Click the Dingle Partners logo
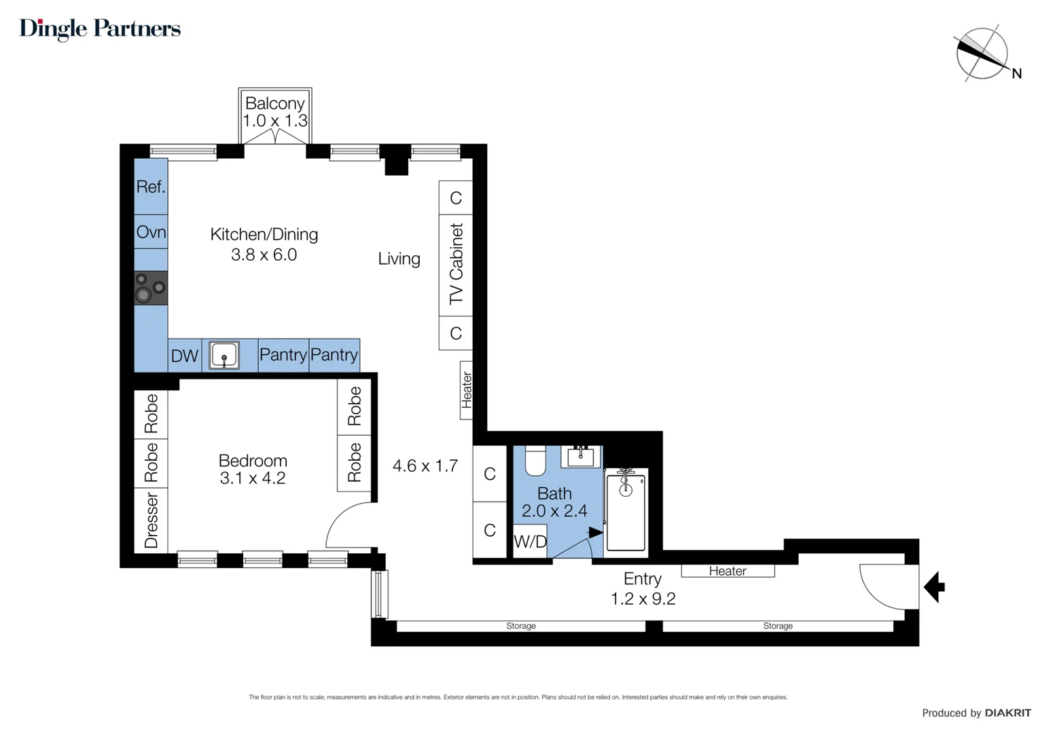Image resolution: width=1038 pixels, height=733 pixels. (x=100, y=29)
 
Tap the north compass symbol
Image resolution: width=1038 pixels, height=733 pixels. (x=982, y=54)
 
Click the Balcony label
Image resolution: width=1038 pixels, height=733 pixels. (x=275, y=104)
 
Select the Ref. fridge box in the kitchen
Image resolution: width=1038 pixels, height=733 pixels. (x=151, y=187)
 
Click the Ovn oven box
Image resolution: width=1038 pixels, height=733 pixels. (x=151, y=232)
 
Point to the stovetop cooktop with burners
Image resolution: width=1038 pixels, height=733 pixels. (x=151, y=288)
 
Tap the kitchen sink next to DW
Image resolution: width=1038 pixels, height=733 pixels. (x=223, y=355)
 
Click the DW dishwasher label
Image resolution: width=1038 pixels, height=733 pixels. (x=184, y=356)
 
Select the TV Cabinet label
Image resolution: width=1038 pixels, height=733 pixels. (x=456, y=264)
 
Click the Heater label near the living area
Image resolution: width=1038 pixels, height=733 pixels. (x=467, y=390)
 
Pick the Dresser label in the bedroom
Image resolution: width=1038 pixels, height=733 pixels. (x=151, y=521)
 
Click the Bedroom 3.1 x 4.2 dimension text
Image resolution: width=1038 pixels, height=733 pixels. (x=253, y=478)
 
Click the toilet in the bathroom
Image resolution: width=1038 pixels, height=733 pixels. (x=536, y=462)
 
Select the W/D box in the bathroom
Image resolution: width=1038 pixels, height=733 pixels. (x=530, y=541)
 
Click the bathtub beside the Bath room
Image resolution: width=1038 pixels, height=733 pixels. (x=626, y=510)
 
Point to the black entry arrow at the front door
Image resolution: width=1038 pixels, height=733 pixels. (x=935, y=586)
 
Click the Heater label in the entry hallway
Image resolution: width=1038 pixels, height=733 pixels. (x=728, y=571)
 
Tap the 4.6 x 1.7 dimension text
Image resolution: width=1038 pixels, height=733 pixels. (x=425, y=466)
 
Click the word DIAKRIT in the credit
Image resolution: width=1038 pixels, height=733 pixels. (x=1008, y=713)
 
